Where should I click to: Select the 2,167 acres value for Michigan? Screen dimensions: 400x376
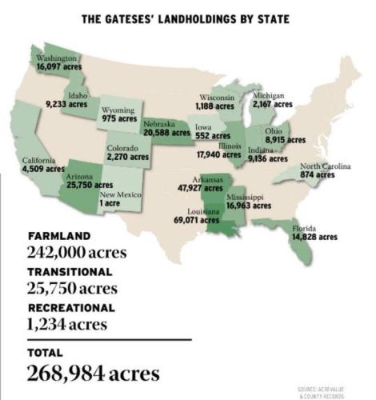coord(272,105)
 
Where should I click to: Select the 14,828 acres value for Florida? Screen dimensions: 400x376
coord(314,237)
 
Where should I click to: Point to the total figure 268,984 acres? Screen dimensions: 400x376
coord(94,374)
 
